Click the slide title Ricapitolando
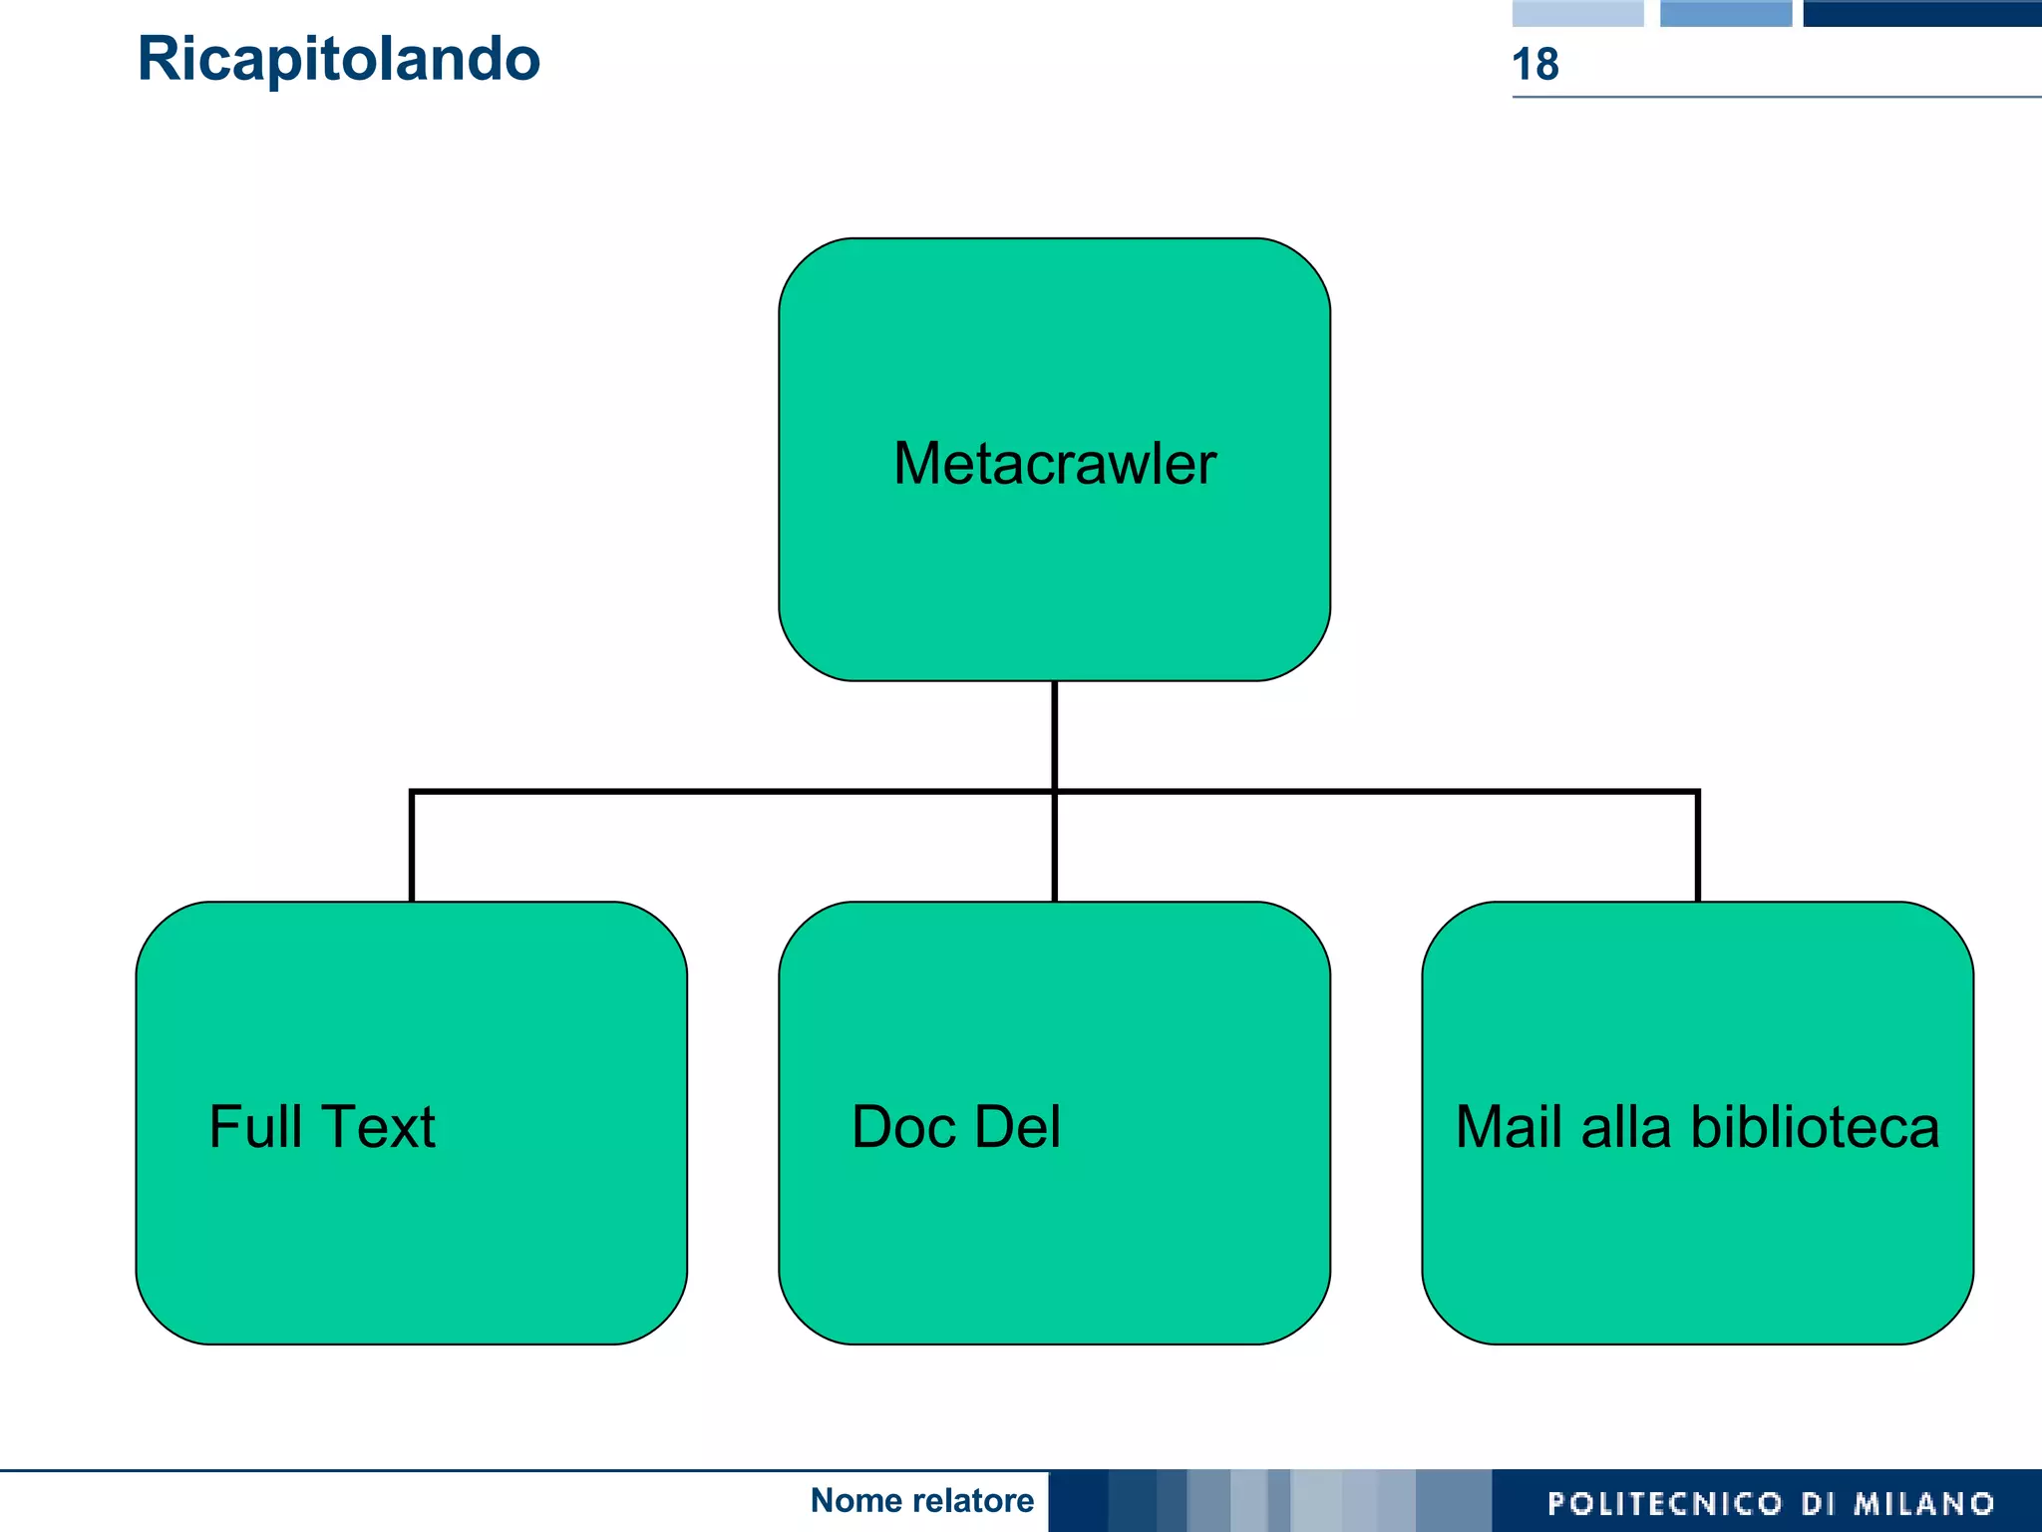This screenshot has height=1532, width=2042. pyautogui.click(x=338, y=59)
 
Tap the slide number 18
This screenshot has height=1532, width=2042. pyautogui.click(x=1534, y=65)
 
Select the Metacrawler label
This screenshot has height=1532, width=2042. pyautogui.click(x=1054, y=464)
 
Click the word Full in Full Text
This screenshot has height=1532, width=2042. pyautogui.click(x=254, y=1127)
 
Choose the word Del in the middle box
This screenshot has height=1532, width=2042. pyautogui.click(x=1017, y=1127)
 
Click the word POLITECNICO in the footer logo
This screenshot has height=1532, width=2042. pyautogui.click(x=1664, y=1503)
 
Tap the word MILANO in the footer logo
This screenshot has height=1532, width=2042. pyautogui.click(x=1924, y=1503)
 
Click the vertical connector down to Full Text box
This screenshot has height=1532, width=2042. pyautogui.click(x=412, y=848)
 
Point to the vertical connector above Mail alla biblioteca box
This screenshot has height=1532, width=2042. pyautogui.click(x=1697, y=848)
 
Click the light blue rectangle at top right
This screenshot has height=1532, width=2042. pyautogui.click(x=1577, y=13)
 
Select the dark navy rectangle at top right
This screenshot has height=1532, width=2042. pyautogui.click(x=1921, y=13)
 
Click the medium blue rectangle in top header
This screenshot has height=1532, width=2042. pyautogui.click(x=1725, y=13)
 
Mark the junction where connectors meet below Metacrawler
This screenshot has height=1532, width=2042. pyautogui.click(x=1054, y=792)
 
